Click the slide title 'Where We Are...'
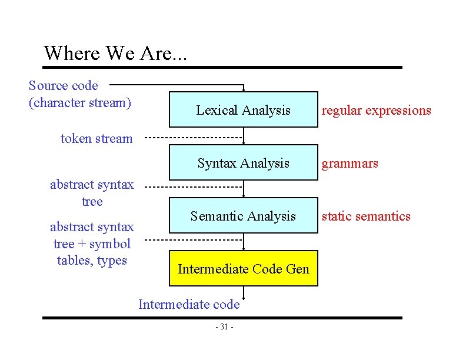pos(115,53)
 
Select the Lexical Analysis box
pos(243,110)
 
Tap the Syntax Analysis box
pos(243,163)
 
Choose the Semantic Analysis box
pos(243,216)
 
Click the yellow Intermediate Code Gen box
pos(243,269)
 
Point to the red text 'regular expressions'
pos(376,111)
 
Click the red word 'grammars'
pos(349,163)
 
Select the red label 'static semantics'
pos(365,216)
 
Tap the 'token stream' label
pos(96,139)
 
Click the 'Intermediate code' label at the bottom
pos(189,304)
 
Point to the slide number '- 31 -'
pos(224,327)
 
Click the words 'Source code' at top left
pos(64,86)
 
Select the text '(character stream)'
pos(79,103)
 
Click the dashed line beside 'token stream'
pos(194,138)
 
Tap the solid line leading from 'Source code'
pos(177,84)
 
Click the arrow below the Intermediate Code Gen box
pos(244,292)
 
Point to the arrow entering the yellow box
pos(244,245)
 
